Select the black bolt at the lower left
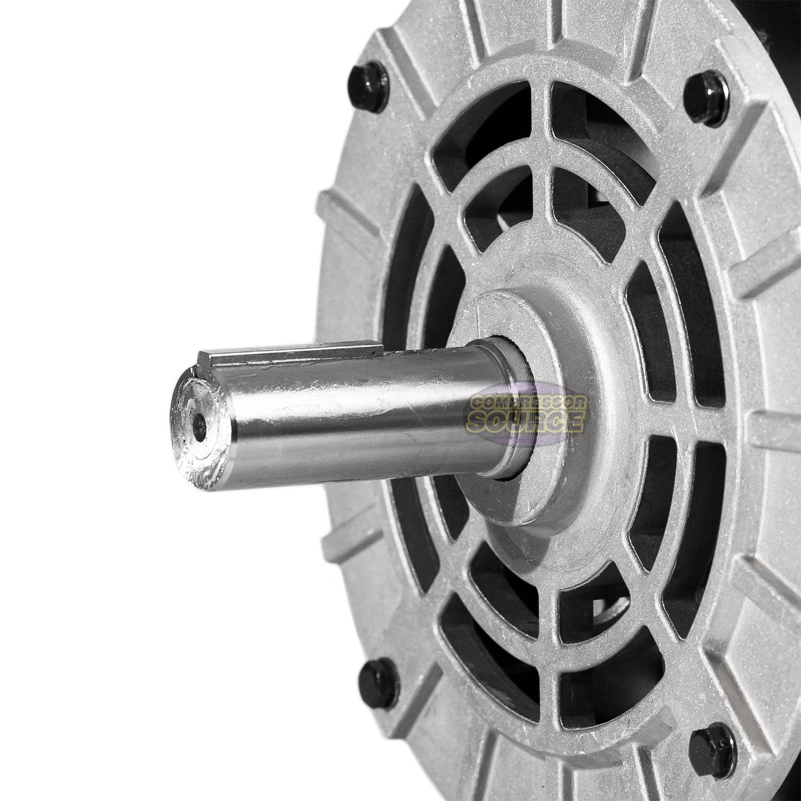tap(379, 682)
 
